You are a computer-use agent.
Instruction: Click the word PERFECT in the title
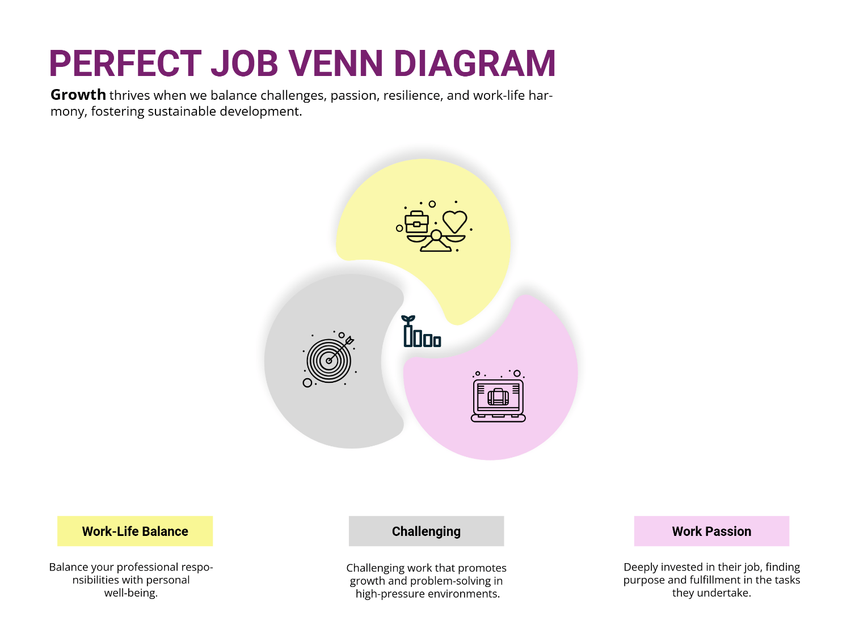(125, 63)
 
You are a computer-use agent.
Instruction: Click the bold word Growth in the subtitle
(78, 95)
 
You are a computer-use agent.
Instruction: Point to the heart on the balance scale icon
(454, 221)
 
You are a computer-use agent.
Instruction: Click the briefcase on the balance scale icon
(416, 222)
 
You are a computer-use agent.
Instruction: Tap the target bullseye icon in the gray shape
(329, 360)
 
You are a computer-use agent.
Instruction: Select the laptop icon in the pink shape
(498, 400)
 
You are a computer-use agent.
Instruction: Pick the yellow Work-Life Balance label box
(135, 531)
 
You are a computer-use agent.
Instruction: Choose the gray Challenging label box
(426, 531)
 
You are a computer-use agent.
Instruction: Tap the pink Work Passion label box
(711, 531)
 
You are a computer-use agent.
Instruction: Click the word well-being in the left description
(130, 593)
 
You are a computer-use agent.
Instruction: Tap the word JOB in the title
(245, 63)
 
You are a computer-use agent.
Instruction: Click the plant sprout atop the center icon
(408, 319)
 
